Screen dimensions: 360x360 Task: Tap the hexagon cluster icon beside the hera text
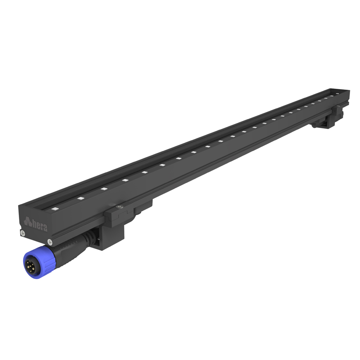[28, 221]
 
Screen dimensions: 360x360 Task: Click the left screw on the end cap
[23, 233]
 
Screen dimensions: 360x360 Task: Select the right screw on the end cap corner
[50, 242]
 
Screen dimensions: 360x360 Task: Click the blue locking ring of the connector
[39, 262]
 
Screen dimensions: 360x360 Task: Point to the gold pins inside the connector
[30, 266]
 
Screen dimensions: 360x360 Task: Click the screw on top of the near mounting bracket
[120, 207]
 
